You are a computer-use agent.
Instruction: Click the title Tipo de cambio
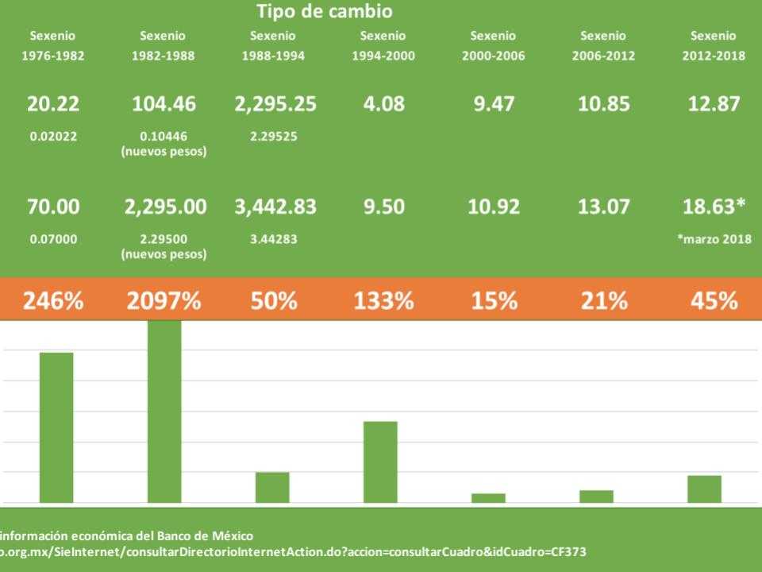(324, 12)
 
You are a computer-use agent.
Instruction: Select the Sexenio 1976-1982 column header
(52, 46)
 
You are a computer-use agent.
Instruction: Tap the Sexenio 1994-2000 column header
(383, 46)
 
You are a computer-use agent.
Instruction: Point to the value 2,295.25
(275, 104)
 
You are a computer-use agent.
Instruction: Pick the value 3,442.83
(275, 207)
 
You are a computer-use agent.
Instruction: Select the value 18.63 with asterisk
(714, 207)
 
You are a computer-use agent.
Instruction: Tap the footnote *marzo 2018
(714, 239)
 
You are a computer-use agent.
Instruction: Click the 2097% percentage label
(164, 301)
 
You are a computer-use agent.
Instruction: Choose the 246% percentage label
(52, 301)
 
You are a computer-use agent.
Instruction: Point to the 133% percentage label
(383, 301)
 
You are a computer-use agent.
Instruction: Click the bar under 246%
(56, 427)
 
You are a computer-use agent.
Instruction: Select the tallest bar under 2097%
(164, 412)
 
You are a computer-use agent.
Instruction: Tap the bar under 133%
(380, 462)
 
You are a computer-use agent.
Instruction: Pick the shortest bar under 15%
(488, 498)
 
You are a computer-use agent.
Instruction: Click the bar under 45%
(704, 489)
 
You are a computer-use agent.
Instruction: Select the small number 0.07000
(53, 239)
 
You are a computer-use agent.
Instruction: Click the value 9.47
(494, 104)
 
